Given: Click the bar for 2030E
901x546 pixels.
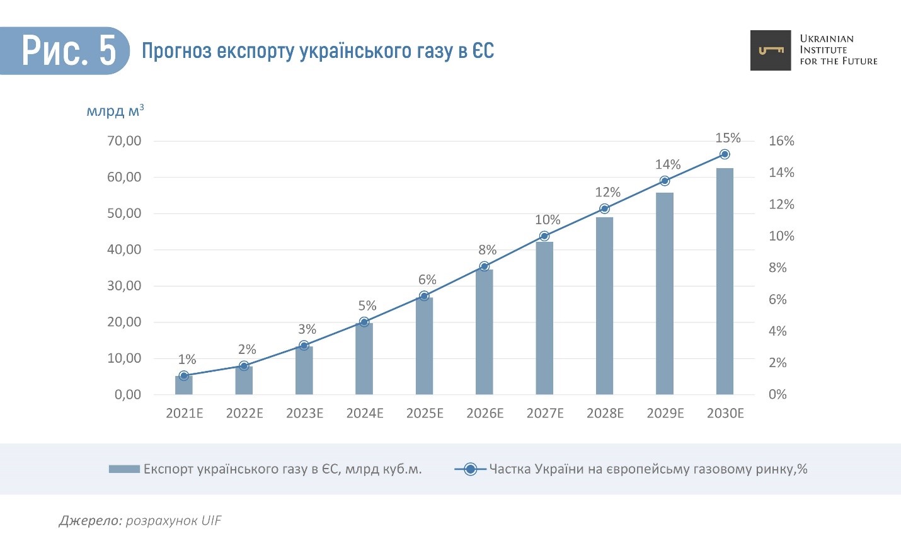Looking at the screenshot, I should (725, 281).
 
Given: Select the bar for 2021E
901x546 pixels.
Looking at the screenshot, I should (184, 385).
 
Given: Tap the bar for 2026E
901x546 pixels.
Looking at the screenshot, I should (485, 332).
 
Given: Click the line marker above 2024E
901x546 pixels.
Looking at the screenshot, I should (364, 322).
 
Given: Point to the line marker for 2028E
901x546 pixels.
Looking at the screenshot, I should (604, 208).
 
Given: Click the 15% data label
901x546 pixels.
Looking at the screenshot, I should (728, 138).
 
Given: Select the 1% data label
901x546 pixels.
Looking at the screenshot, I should (187, 360).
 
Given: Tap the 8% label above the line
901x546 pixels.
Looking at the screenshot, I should (487, 250).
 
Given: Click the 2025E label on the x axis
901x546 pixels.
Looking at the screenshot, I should (425, 414).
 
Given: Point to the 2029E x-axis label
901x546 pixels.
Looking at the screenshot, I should (665, 414).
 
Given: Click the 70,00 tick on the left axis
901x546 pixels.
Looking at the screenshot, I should (124, 141).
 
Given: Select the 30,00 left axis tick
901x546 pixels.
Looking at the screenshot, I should (124, 286).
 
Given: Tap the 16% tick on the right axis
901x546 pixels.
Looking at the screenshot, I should (781, 141).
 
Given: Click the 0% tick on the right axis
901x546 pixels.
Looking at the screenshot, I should (778, 395).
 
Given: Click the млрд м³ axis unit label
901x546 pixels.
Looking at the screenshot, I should (115, 111).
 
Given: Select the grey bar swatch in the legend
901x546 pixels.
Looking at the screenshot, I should (124, 469).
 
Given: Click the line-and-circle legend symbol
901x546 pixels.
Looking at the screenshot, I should (470, 469).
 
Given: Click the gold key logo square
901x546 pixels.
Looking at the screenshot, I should (770, 50).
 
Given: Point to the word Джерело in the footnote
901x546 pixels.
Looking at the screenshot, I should (89, 521).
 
